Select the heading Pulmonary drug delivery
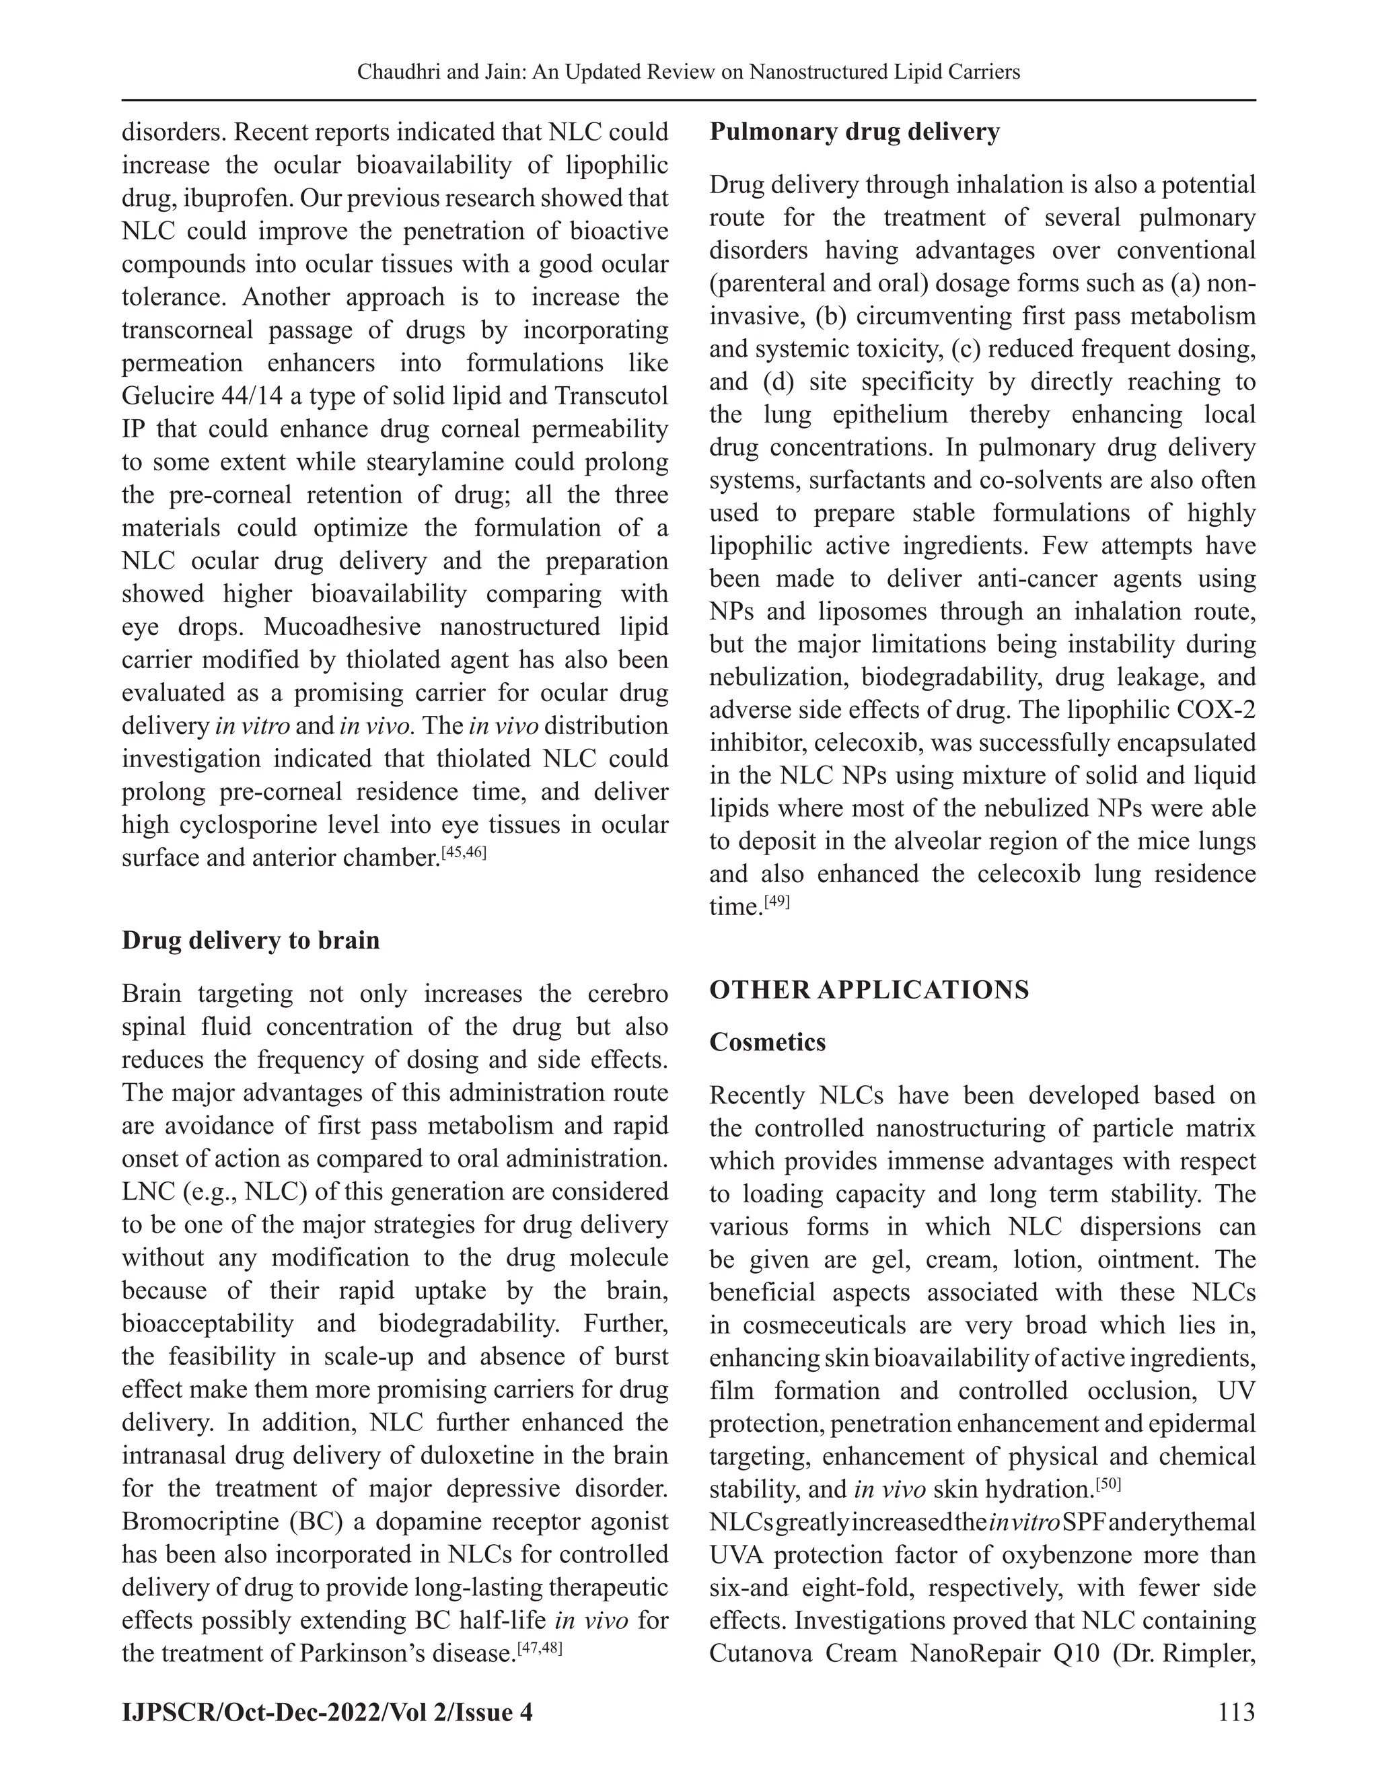854,133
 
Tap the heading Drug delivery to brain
250,940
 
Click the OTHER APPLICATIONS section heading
869,990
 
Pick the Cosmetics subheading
767,1042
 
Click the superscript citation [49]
776,903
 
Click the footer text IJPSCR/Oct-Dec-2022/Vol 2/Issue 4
326,1711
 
